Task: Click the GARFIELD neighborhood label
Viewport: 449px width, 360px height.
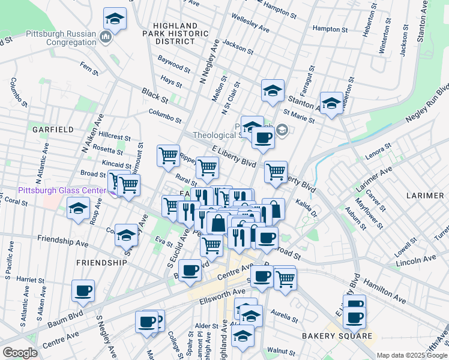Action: click(53, 129)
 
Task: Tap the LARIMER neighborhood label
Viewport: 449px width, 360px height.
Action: click(424, 196)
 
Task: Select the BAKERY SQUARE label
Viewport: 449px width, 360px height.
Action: click(337, 335)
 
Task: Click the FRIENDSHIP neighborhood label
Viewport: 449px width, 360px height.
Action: click(101, 263)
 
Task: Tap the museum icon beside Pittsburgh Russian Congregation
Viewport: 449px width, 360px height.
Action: click(106, 37)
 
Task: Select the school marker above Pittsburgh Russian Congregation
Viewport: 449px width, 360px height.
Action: click(114, 19)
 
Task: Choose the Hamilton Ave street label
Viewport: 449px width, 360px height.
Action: click(386, 284)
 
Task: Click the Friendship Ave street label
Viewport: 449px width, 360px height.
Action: click(62, 241)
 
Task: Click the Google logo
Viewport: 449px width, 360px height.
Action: click(20, 353)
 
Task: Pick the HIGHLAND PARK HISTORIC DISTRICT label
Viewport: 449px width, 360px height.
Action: click(175, 34)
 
